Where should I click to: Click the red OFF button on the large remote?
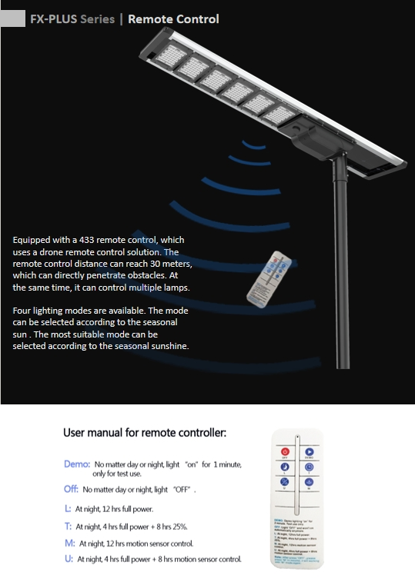click(x=284, y=452)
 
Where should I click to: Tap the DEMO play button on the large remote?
click(x=309, y=452)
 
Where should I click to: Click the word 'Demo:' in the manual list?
click(x=77, y=464)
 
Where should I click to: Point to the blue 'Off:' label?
click(x=71, y=489)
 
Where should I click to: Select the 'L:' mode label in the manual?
click(x=69, y=509)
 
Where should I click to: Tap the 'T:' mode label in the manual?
click(x=69, y=527)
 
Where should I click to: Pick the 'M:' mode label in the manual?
click(x=69, y=543)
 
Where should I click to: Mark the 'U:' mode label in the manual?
click(x=69, y=559)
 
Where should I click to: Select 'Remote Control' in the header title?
click(x=173, y=18)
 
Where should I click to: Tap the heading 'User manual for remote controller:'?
click(x=145, y=433)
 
